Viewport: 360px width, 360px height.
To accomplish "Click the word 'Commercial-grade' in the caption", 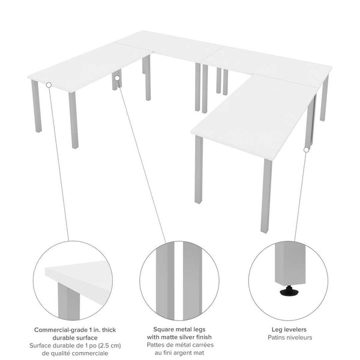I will click(58, 329).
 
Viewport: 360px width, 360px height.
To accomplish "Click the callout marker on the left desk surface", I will click(49, 85).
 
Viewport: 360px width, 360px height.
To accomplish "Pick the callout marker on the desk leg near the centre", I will click(118, 77).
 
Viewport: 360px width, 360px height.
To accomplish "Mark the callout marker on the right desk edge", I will click(307, 149).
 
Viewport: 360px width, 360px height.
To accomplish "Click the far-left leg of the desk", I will click(35, 106).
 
